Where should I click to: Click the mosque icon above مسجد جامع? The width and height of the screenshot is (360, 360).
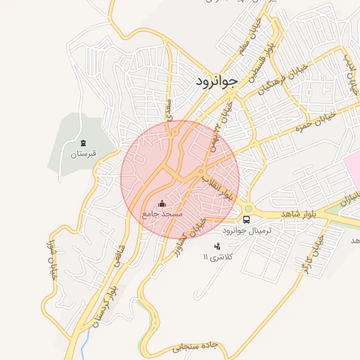coord(162,202)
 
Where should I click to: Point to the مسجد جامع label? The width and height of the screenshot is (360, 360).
coord(162,212)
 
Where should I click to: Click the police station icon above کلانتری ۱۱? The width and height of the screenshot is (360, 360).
coord(217,246)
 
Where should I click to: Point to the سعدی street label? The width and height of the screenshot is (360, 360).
coord(169,108)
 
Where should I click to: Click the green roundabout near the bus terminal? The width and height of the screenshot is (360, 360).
coord(247,208)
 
